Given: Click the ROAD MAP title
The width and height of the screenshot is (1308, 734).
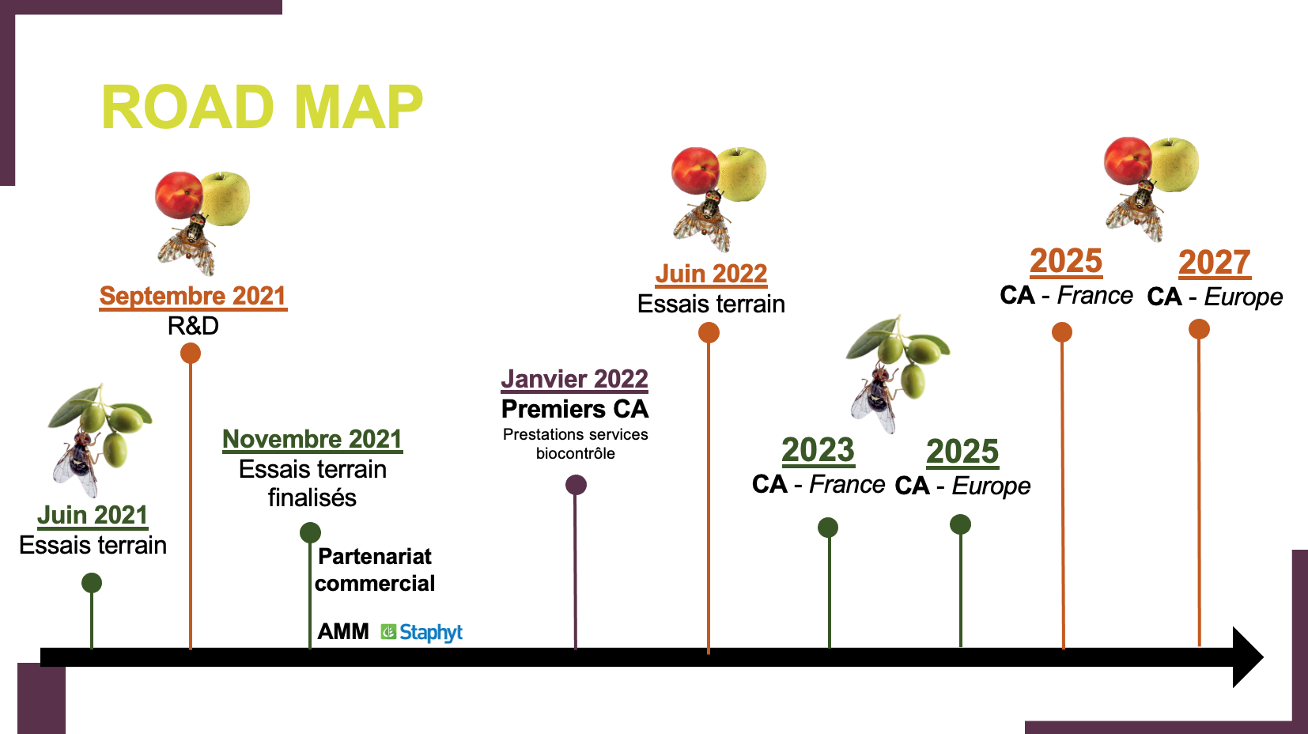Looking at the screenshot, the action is tap(263, 107).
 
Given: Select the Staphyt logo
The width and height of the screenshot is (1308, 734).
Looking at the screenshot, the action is tap(422, 633).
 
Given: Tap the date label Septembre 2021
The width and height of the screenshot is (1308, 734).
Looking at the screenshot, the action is tap(193, 296).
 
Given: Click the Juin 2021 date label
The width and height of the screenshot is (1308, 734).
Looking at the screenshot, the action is tap(93, 516).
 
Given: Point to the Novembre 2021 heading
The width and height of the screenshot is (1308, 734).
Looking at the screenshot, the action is tap(312, 440).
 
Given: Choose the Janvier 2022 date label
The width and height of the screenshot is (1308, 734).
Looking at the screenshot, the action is tap(575, 379).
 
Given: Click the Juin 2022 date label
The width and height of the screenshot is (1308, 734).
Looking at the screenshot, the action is tap(711, 274).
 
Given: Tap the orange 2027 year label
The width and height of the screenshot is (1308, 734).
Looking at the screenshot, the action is tap(1215, 262).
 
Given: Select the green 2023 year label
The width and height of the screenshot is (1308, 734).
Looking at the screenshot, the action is tap(818, 451).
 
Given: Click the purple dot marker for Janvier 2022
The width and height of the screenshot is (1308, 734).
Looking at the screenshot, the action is tap(576, 485).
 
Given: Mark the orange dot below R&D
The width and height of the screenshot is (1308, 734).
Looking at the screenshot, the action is tap(191, 354).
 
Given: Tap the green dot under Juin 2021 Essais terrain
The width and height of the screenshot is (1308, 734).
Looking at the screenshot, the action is tap(92, 583).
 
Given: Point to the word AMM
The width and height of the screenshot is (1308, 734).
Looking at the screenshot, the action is tap(343, 631).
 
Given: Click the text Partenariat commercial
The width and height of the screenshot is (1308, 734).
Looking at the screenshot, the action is tap(375, 570).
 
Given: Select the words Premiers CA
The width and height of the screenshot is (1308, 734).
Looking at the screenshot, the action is tap(575, 410).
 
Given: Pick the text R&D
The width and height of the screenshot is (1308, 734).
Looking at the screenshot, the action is tap(193, 326).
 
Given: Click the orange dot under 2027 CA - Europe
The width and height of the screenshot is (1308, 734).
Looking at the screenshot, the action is tap(1199, 329).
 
